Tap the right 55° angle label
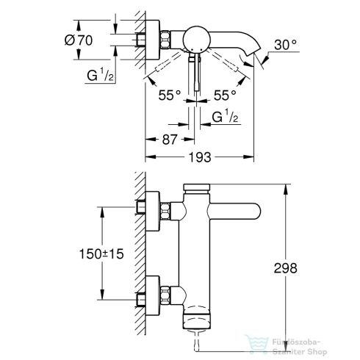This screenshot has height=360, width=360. pos(223,96)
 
